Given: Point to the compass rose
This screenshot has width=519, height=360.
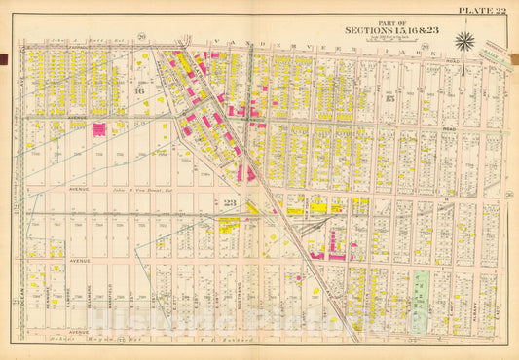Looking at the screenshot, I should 465,40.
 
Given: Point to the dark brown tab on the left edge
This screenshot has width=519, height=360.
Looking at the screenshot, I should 4,60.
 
